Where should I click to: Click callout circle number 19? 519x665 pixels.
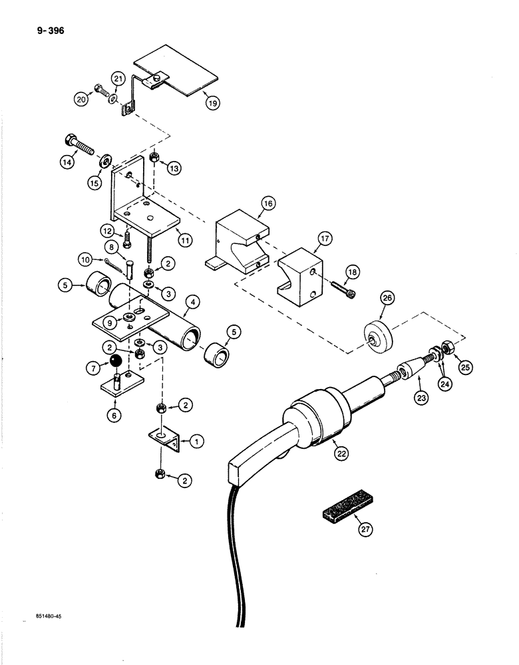click(212, 102)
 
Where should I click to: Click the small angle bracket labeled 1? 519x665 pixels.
click(162, 440)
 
